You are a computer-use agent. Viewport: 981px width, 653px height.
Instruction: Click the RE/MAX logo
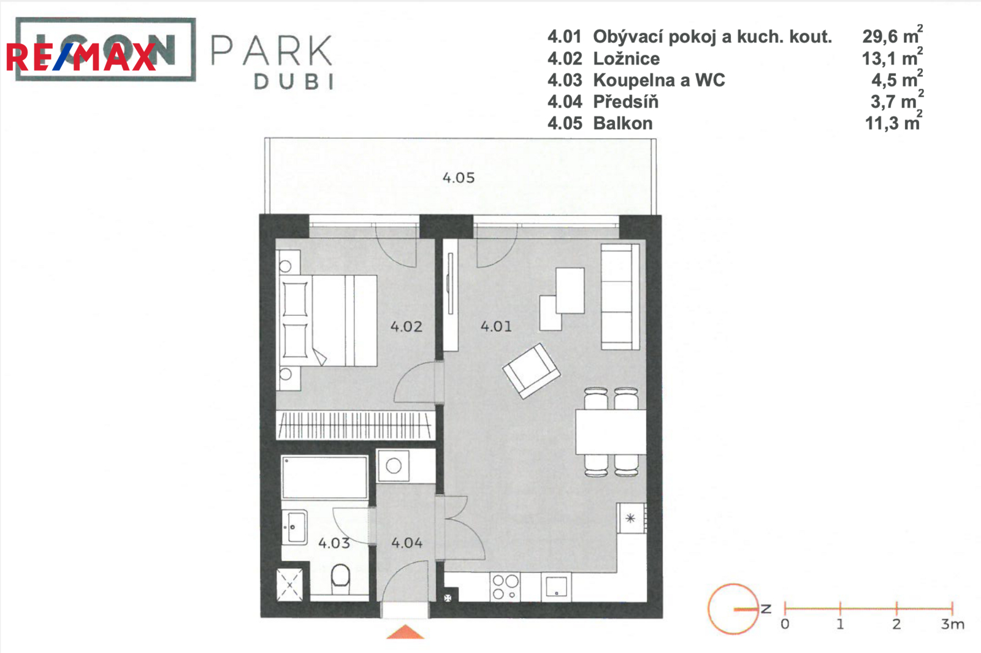point(81,58)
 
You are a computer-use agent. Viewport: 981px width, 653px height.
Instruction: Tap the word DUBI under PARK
point(294,82)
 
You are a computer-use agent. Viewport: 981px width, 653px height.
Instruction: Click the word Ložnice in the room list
point(626,59)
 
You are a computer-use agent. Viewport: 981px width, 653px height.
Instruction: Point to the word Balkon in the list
point(623,123)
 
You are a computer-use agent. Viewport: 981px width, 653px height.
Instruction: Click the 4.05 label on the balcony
point(459,178)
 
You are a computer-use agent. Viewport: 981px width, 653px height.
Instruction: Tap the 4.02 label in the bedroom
point(407,327)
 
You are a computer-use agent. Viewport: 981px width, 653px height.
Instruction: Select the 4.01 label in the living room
point(496,326)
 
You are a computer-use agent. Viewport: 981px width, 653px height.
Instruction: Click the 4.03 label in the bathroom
point(334,543)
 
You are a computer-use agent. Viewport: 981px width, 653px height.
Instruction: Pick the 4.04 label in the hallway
point(407,543)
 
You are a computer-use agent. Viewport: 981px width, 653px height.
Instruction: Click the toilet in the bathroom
point(340,579)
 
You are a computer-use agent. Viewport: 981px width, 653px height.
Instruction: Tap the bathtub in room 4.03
point(324,478)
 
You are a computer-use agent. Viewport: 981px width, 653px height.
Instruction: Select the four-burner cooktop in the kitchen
point(505,587)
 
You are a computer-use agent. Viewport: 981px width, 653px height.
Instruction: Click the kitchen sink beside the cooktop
point(556,587)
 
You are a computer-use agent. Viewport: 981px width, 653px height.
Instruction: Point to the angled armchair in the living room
point(531,371)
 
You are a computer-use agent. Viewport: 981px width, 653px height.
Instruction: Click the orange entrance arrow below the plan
point(405,632)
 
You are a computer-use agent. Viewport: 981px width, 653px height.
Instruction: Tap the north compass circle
point(733,609)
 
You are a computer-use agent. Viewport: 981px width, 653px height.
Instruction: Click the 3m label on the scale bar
point(953,624)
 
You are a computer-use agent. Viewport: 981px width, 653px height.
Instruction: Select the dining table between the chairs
point(611,432)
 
